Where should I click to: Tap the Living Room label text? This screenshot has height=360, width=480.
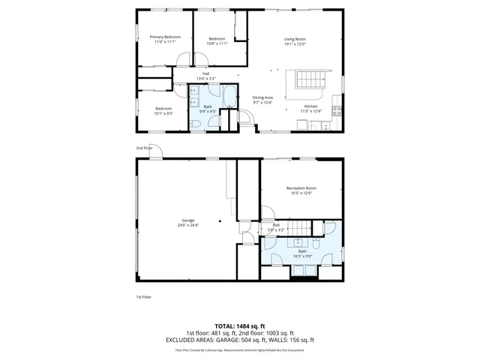point(294,40)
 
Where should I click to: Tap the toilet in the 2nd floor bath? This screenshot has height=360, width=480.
point(193,123)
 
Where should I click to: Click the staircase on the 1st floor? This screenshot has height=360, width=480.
point(301,226)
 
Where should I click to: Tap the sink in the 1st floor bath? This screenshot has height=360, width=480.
point(299,242)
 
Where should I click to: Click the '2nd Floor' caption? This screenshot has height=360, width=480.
point(144,148)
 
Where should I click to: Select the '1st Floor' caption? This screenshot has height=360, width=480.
point(144,297)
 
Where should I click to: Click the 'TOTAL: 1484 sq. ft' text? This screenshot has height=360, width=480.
point(239,326)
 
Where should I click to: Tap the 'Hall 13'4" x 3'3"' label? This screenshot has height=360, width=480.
point(205,76)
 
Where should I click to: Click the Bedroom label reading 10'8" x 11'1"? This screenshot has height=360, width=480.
point(217,40)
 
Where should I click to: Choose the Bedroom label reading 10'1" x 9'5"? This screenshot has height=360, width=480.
point(163,111)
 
